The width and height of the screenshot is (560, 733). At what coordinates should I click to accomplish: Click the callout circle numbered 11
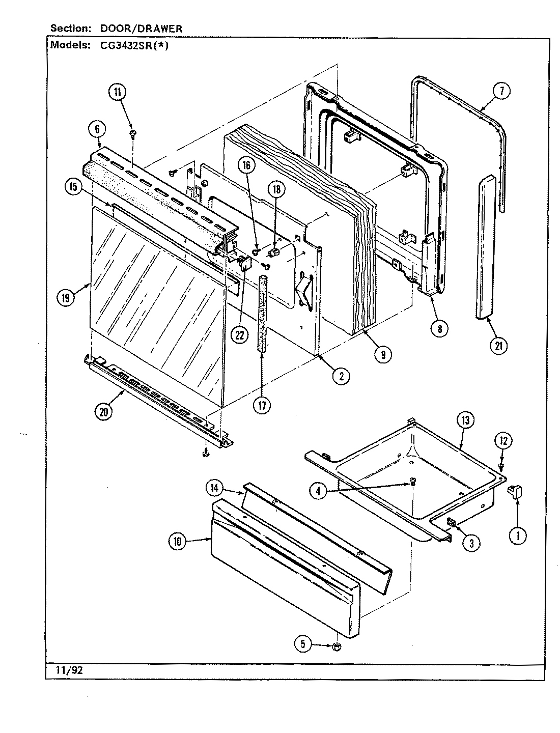pyautogui.click(x=117, y=92)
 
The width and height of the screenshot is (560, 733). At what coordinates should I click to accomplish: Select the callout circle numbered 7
pyautogui.click(x=501, y=91)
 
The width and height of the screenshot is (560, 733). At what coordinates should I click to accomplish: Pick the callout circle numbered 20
pyautogui.click(x=104, y=412)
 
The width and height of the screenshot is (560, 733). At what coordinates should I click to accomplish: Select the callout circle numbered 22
pyautogui.click(x=239, y=334)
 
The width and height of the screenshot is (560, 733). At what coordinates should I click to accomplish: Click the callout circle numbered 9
pyautogui.click(x=382, y=354)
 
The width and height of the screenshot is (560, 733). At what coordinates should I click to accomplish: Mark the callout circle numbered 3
pyautogui.click(x=471, y=543)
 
